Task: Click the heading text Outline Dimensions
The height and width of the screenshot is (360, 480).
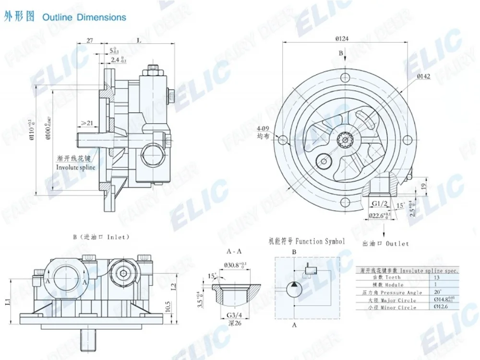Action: point(84,17)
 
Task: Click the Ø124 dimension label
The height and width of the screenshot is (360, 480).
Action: point(341,38)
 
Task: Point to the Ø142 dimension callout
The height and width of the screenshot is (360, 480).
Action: point(423,76)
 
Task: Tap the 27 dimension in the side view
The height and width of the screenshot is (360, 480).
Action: point(90,41)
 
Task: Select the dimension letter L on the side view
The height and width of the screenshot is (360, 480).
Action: point(139,41)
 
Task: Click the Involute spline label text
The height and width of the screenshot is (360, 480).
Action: point(75,168)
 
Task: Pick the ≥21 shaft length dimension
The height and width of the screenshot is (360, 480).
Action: point(87,123)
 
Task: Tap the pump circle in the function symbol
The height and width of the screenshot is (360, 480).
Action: point(294,289)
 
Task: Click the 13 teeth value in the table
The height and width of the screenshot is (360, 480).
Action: point(436,277)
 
